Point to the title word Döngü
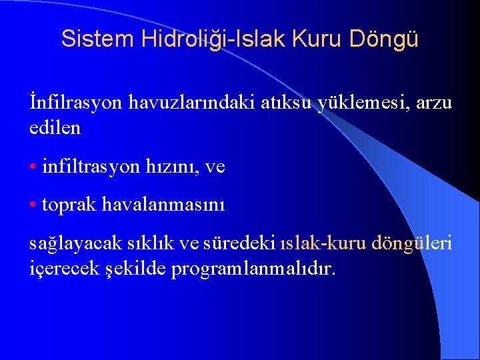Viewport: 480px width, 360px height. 389,39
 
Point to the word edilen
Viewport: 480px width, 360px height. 55,127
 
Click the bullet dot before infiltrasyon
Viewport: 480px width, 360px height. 33,167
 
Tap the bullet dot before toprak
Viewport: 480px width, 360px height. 33,205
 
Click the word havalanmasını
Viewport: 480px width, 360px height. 163,205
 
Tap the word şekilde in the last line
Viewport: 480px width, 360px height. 137,269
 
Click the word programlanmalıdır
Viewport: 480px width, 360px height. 254,269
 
